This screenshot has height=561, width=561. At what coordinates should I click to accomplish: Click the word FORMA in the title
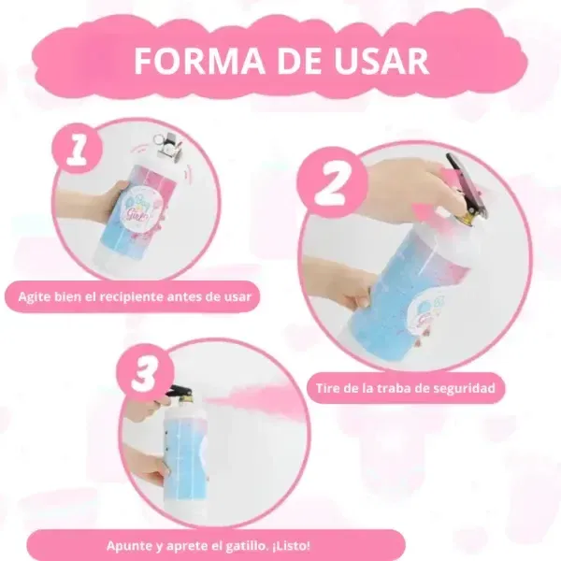tap(199, 61)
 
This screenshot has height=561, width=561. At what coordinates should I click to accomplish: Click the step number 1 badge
tap(78, 149)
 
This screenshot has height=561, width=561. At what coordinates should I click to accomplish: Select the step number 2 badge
tap(333, 182)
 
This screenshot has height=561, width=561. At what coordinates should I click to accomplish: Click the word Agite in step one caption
tap(35, 297)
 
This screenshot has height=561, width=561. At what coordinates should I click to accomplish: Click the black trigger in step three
tap(179, 392)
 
